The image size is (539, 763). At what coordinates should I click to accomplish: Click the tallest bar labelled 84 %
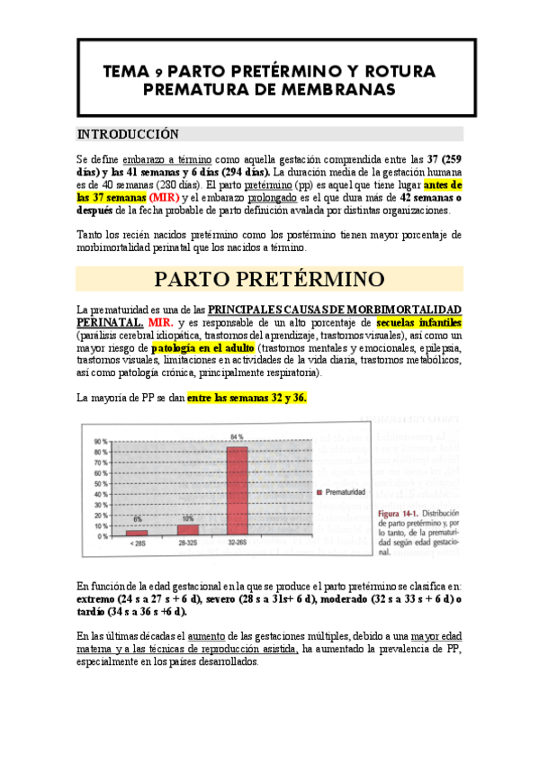click(238, 487)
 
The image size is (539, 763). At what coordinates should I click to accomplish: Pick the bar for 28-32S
click(187, 529)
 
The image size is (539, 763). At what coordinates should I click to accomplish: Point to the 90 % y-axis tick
click(101, 442)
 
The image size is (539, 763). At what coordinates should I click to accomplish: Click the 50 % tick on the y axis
click(101, 483)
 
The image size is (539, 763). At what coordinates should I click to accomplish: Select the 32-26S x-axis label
click(238, 544)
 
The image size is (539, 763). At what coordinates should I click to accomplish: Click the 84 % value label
click(238, 436)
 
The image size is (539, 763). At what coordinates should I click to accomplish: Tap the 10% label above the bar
click(187, 517)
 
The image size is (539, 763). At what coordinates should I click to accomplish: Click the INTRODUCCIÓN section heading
click(129, 134)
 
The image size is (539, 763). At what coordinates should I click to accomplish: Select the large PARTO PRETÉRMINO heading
click(270, 278)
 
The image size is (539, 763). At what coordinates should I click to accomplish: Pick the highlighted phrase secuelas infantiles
click(419, 321)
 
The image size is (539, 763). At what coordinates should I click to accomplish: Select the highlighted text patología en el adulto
click(203, 347)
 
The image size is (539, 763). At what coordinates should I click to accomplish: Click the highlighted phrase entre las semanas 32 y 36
click(247, 397)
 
